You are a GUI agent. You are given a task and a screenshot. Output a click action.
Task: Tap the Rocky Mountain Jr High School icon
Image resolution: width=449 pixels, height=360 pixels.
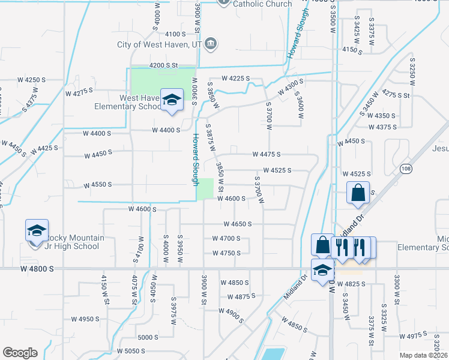[36, 231]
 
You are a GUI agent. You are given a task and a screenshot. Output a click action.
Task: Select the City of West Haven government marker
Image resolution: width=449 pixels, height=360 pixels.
[211, 43]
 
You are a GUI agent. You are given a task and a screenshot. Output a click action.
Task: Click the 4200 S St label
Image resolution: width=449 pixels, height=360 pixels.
[164, 65]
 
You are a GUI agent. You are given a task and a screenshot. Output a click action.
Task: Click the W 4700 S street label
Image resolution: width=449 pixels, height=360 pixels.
[226, 238]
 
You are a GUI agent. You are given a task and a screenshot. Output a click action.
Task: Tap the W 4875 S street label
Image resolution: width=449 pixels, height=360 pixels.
[241, 296]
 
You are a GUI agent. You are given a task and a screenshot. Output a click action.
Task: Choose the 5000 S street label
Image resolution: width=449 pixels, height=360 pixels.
[148, 337]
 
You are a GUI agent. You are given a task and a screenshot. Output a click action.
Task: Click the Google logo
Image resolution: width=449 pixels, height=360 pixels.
[19, 353]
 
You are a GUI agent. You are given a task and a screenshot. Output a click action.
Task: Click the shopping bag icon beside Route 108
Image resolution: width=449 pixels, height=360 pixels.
[358, 193]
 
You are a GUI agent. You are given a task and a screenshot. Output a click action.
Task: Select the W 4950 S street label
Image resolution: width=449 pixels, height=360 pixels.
[85, 319]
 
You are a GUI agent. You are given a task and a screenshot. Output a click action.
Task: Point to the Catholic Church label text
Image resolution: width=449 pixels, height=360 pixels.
[262, 4]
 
